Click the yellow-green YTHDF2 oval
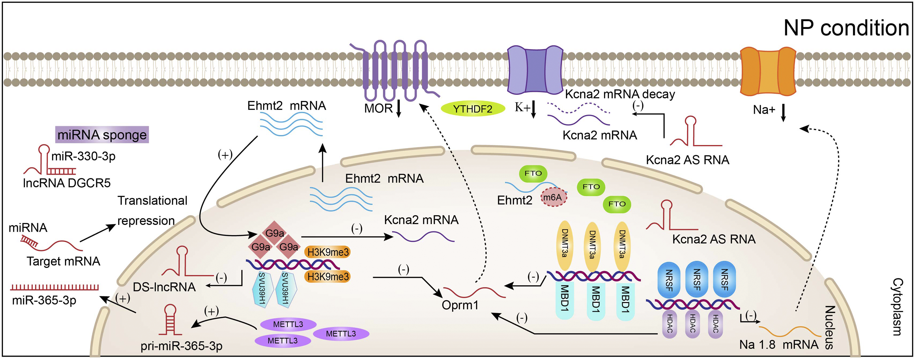pyautogui.click(x=473, y=109)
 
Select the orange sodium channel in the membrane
pyautogui.click(x=768, y=71)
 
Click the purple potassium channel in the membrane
pyautogui.click(x=535, y=69)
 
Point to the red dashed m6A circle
pyautogui.click(x=553, y=198)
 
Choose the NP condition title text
pyautogui.click(x=846, y=28)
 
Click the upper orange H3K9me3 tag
pyautogui.click(x=327, y=252)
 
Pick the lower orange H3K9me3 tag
pyautogui.click(x=327, y=276)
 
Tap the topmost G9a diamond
pyautogui.click(x=275, y=233)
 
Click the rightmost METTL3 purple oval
pyautogui.click(x=341, y=333)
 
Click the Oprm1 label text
pyautogui.click(x=460, y=305)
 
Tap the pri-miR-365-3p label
pyautogui.click(x=182, y=345)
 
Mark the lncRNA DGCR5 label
pyautogui.click(x=67, y=183)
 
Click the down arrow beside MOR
pyautogui.click(x=398, y=108)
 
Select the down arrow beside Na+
pyautogui.click(x=783, y=112)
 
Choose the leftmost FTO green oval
pyautogui.click(x=533, y=173)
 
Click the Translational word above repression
pyautogui.click(x=152, y=201)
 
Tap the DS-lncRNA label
pyautogui.click(x=164, y=287)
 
